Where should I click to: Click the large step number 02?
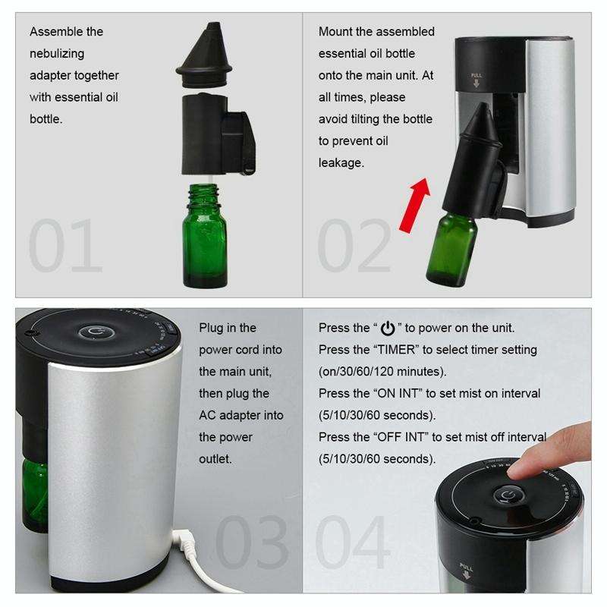point(354,247)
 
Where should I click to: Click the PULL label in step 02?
point(476,77)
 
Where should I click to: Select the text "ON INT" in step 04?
point(399,394)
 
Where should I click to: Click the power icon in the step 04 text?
point(388,329)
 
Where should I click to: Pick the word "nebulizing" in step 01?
point(57,53)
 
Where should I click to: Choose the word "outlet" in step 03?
point(216,459)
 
